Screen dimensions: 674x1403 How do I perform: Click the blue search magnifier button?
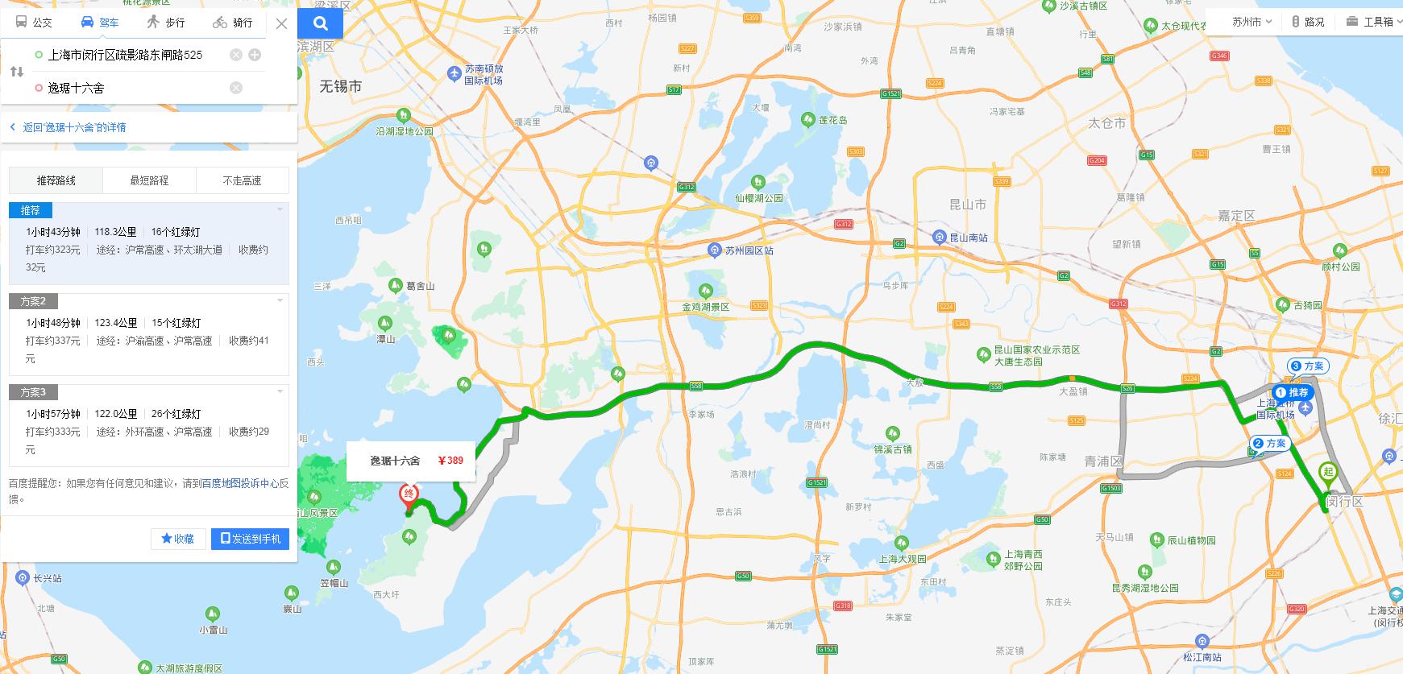point(320,23)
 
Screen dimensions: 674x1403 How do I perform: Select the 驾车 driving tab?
point(100,23)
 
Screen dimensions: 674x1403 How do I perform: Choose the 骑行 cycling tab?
point(233,23)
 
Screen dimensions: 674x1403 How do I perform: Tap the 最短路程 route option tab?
point(149,180)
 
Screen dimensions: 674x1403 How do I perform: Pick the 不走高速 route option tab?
point(242,180)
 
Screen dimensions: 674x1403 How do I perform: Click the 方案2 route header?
point(33,301)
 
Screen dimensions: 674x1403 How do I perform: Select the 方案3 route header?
point(33,392)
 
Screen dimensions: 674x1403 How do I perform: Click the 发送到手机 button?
point(250,539)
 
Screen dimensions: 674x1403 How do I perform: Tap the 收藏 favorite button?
point(178,539)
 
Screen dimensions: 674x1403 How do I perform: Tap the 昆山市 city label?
point(967,205)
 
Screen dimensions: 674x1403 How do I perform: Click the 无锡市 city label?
point(340,86)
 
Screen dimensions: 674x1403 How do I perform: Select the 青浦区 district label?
point(1102,461)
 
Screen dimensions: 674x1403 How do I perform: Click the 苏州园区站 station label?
point(748,250)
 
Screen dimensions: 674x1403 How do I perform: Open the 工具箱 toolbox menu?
point(1373,22)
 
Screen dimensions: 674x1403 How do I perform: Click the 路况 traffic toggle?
point(1308,22)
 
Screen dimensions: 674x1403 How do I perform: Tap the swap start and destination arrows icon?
point(17,72)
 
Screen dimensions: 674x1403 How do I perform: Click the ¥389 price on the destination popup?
point(450,461)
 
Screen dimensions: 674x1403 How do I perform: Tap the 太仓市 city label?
point(1106,123)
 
